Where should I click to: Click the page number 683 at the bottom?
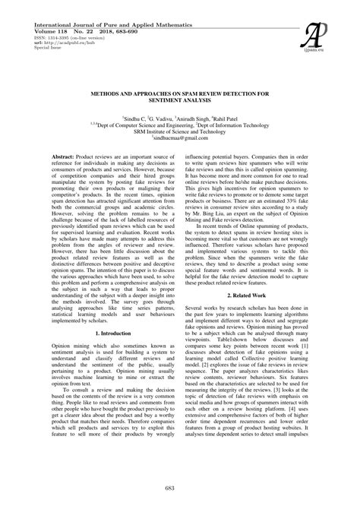coord(179,485)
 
